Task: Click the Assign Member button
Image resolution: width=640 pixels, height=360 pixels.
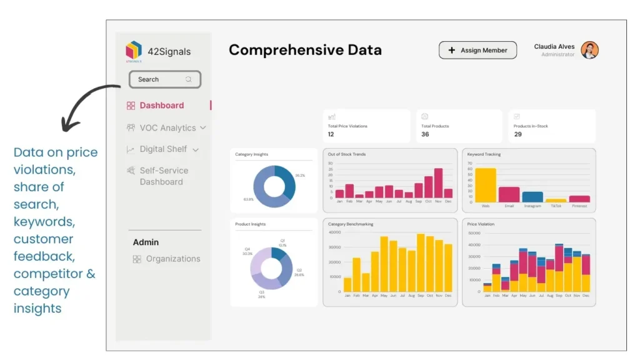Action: pyautogui.click(x=477, y=51)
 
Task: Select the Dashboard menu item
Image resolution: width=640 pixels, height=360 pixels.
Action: pyautogui.click(x=161, y=106)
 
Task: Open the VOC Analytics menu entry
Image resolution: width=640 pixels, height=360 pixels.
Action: pyautogui.click(x=167, y=128)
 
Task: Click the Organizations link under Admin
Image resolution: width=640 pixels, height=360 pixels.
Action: pyautogui.click(x=172, y=259)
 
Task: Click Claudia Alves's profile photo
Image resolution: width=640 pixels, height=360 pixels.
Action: pyautogui.click(x=589, y=51)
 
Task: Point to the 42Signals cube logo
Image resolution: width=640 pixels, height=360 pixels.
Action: pyautogui.click(x=134, y=51)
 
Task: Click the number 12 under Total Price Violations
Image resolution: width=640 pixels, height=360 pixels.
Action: pyautogui.click(x=331, y=134)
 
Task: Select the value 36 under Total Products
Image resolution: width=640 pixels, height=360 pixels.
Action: pyautogui.click(x=425, y=134)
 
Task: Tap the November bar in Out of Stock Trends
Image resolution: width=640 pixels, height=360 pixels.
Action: pyautogui.click(x=438, y=183)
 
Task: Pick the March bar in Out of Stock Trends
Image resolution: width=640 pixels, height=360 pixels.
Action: pyautogui.click(x=359, y=196)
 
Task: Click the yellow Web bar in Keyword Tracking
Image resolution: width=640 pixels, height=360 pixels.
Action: pyautogui.click(x=486, y=185)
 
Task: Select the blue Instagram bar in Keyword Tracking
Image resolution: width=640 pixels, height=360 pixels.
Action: pyautogui.click(x=532, y=197)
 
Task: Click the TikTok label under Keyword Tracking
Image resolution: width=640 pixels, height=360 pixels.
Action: pyautogui.click(x=556, y=206)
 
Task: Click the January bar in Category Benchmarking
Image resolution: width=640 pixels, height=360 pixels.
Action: pyautogui.click(x=347, y=285)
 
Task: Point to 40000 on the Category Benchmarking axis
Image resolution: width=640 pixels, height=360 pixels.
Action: pyautogui.click(x=334, y=232)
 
